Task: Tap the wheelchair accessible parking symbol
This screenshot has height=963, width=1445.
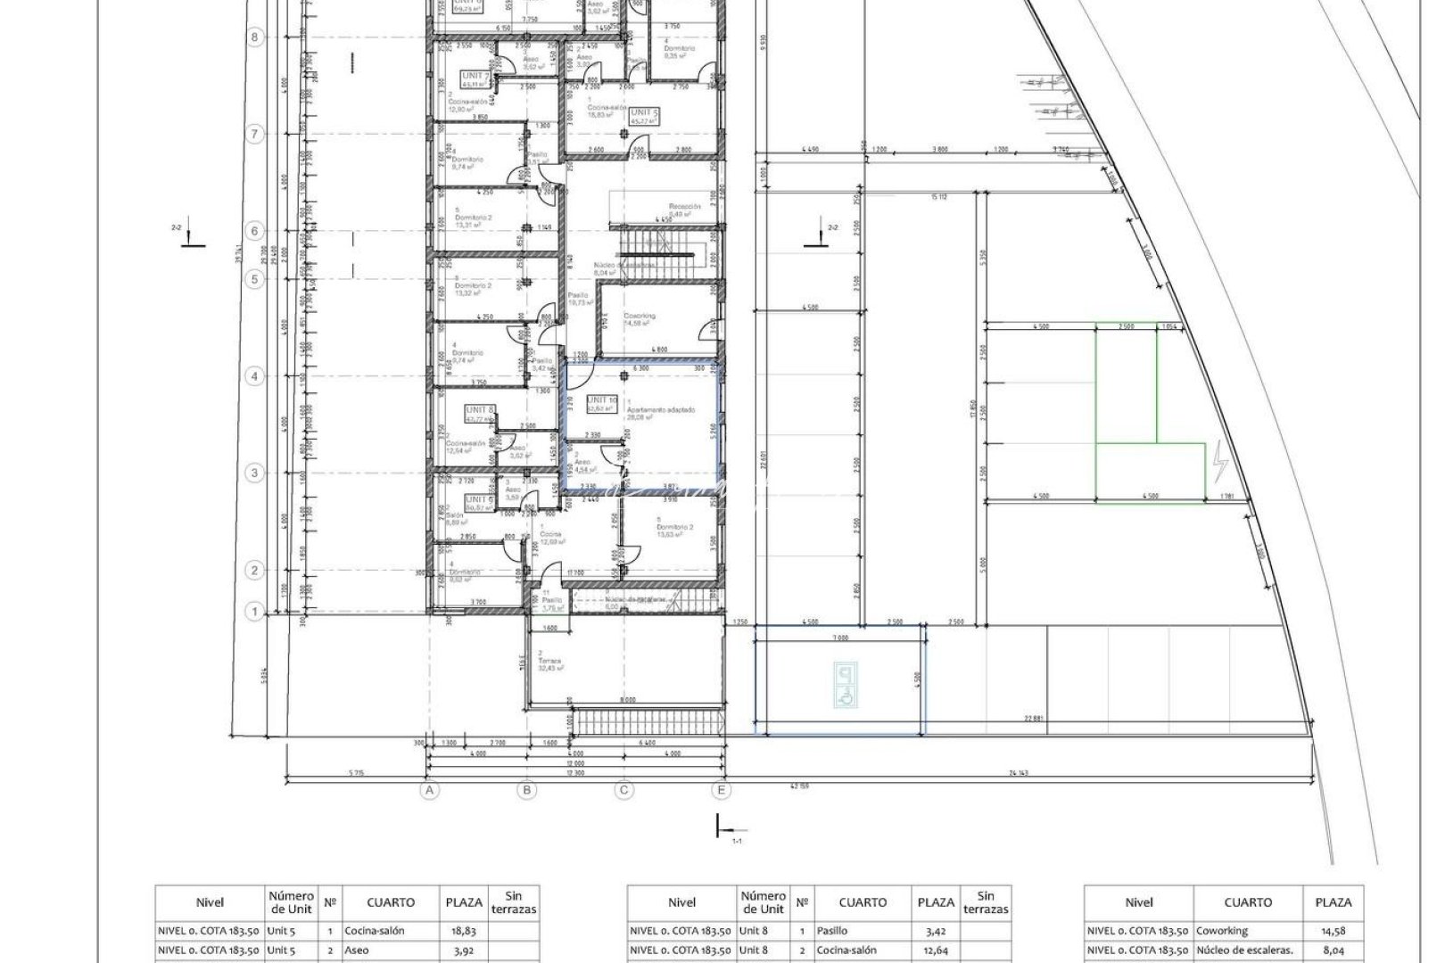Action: click(x=844, y=684)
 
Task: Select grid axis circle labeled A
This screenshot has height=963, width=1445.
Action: click(x=430, y=790)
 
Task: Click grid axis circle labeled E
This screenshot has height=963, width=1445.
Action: click(x=721, y=790)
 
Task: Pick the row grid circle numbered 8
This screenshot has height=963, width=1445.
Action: click(x=255, y=37)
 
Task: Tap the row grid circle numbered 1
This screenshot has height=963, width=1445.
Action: click(x=255, y=612)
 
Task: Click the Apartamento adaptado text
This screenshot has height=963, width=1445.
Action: click(x=661, y=410)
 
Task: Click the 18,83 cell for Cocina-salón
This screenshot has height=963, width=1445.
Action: click(x=464, y=930)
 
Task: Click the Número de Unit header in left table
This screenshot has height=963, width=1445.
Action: click(x=291, y=901)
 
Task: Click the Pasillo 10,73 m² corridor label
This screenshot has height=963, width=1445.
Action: click(x=579, y=299)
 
